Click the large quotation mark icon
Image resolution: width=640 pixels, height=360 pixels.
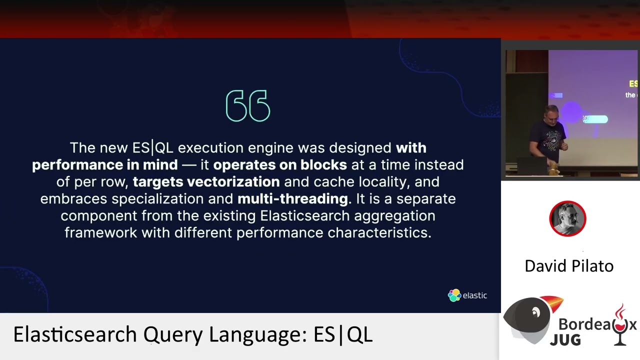tap(248, 106)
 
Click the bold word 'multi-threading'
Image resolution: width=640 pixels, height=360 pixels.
tap(292, 198)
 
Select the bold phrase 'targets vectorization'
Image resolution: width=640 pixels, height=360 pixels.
tap(206, 181)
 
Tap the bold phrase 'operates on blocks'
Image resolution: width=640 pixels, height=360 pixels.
tap(280, 164)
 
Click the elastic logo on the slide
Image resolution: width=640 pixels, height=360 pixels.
tap(467, 295)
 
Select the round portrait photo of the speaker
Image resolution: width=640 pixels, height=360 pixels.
tap(567, 218)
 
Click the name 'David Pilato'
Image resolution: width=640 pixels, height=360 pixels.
tap(569, 265)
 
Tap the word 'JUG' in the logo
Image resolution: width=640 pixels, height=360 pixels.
tap(565, 339)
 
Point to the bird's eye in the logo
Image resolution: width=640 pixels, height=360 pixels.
tap(535, 313)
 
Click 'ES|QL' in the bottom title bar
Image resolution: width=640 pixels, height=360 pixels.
tap(343, 334)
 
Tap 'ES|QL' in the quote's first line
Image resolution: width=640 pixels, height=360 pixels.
tap(152, 147)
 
